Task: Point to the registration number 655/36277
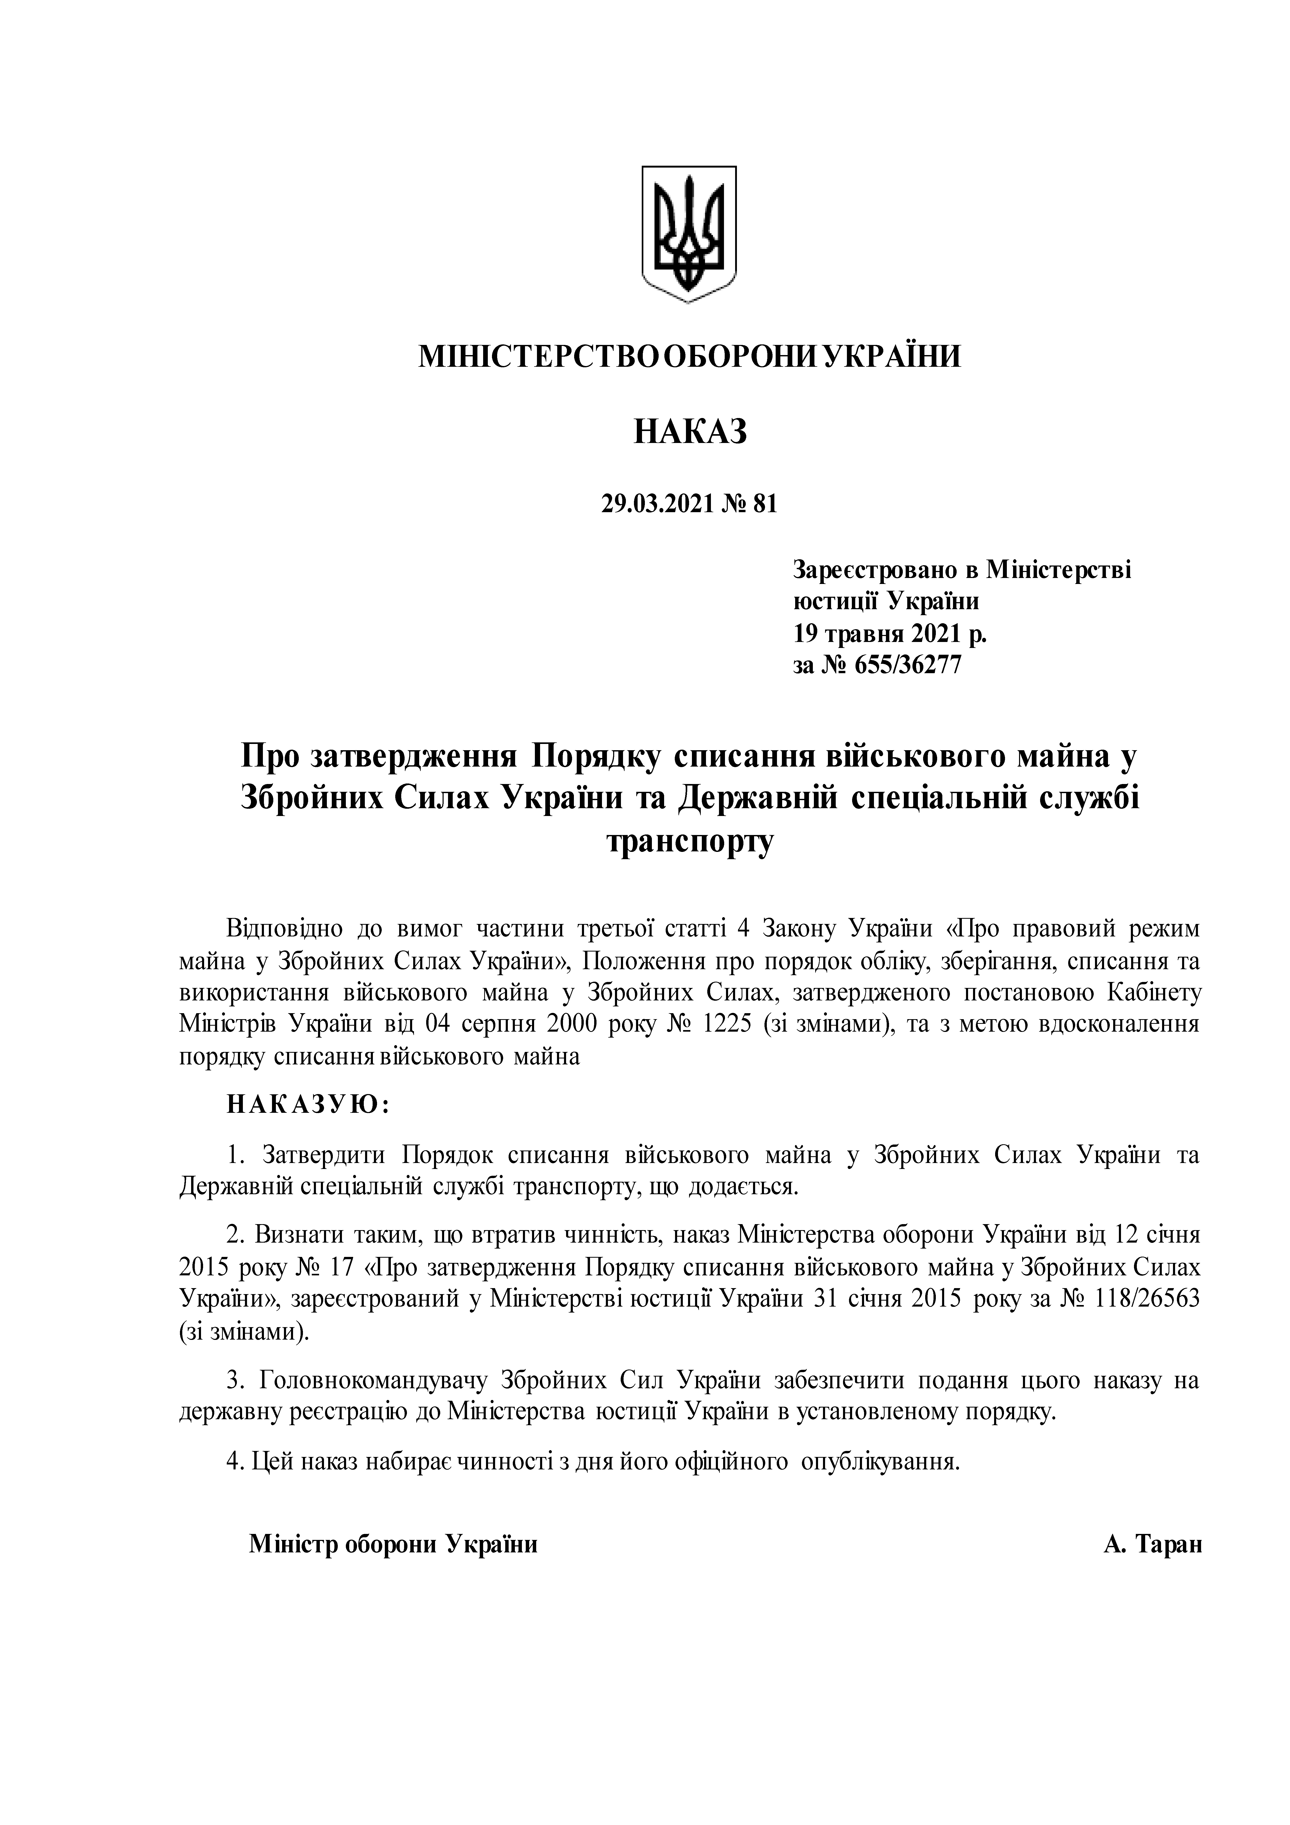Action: [907, 664]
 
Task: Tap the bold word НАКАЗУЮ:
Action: [308, 1106]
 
